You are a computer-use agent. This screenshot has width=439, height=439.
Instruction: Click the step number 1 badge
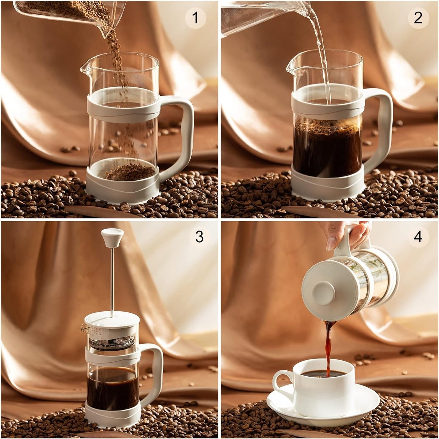tap(195, 18)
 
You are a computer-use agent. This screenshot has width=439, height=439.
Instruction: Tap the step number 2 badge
tap(418, 18)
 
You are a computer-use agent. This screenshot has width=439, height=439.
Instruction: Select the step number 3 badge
tap(199, 237)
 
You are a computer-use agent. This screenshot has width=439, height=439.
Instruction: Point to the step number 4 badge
tap(418, 237)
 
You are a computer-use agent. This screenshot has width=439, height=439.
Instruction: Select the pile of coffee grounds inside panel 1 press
tap(128, 173)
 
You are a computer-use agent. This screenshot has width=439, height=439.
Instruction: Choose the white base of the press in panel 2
tap(327, 187)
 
